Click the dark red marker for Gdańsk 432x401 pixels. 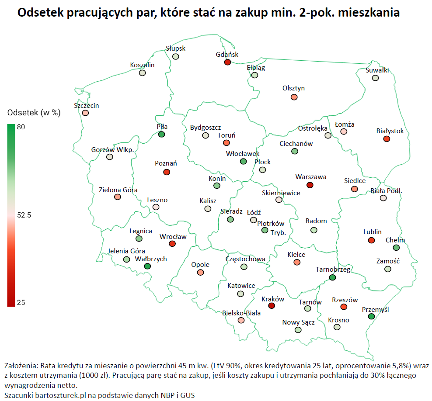(x=227, y=62)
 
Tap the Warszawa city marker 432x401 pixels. (x=310, y=185)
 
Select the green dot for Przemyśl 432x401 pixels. (x=371, y=316)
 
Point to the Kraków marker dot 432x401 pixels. (x=272, y=306)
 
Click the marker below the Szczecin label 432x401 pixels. (x=85, y=113)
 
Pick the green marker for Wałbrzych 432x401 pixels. (x=147, y=266)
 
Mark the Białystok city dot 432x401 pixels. (x=386, y=139)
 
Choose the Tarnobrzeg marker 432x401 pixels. (x=332, y=277)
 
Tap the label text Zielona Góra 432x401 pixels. (x=118, y=190)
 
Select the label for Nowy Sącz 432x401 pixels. (x=298, y=322)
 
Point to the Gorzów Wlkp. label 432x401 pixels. (x=112, y=150)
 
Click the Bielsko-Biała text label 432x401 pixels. (x=241, y=313)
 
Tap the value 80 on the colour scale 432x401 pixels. (x=21, y=127)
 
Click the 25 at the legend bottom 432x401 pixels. (x=21, y=302)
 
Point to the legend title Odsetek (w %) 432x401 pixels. (x=34, y=113)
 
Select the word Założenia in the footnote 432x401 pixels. (x=21, y=365)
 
